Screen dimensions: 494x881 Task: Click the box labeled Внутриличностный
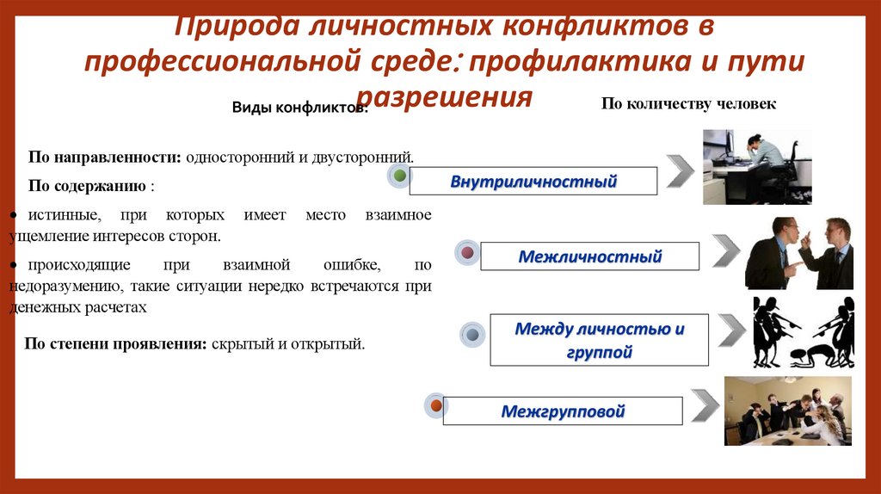tap(533, 182)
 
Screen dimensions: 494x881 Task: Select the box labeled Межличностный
tap(589, 256)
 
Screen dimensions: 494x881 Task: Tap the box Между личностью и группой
tap(599, 340)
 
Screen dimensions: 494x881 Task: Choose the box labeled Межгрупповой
tap(563, 411)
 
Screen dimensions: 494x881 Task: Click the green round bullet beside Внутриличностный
tap(398, 176)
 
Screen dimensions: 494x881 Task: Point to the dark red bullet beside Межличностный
tap(467, 253)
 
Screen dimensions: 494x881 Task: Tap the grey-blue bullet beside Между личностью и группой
tap(472, 334)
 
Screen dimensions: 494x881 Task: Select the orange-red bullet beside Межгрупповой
tap(436, 404)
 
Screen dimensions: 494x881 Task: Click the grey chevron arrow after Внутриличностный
tap(680, 171)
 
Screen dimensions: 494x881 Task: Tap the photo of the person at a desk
tap(756, 166)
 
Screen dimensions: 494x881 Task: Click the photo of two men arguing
tap(798, 252)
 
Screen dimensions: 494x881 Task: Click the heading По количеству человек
tap(688, 104)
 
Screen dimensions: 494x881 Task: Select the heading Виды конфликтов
tap(300, 108)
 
